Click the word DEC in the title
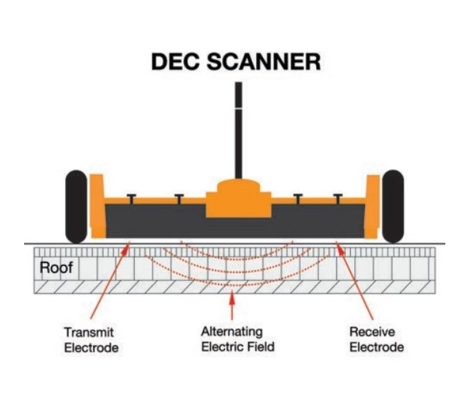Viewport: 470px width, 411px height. pos(175,62)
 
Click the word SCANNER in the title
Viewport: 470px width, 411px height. pos(264,62)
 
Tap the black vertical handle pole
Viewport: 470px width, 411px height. pos(239,130)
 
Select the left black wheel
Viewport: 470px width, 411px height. pos(76,207)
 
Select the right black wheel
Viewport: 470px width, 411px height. pos(393,207)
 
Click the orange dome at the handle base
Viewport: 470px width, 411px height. pos(239,186)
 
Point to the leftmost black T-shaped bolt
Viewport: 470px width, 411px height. pos(131,199)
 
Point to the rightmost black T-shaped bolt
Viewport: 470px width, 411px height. pos(338,199)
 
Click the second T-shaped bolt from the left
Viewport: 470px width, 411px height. pos(179,199)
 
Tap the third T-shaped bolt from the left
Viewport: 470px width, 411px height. pos(298,199)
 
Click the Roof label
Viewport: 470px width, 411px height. pos(56,268)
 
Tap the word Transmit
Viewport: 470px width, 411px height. pos(89,332)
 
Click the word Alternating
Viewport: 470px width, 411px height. pos(232,332)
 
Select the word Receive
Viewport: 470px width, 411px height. pos(372,332)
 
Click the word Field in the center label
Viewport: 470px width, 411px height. pos(261,346)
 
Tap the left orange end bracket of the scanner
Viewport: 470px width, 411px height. pos(98,206)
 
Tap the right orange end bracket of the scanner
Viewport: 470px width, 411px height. pos(372,207)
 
